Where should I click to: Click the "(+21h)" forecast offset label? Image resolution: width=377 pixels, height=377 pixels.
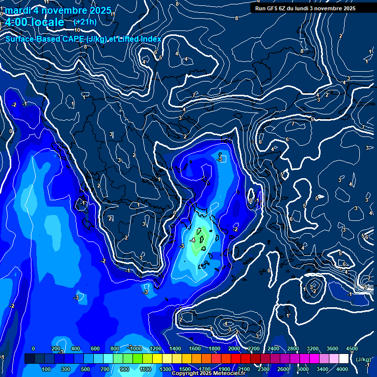(85, 22)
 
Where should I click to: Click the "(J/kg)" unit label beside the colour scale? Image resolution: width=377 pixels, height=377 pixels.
(363, 359)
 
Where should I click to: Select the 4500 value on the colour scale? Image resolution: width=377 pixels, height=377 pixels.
(351, 349)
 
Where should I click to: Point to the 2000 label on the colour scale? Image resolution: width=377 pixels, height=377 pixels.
(234, 349)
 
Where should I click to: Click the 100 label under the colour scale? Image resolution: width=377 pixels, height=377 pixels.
(47, 369)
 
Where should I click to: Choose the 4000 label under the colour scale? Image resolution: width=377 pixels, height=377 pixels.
(342, 369)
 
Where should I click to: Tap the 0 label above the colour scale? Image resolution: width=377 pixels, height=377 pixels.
(33, 349)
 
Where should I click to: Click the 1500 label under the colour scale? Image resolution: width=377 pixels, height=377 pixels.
(185, 369)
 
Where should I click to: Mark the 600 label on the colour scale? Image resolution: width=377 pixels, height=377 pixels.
(95, 349)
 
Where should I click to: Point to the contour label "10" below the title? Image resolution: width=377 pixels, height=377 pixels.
(77, 30)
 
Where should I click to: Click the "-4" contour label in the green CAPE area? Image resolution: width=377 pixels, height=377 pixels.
(193, 240)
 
